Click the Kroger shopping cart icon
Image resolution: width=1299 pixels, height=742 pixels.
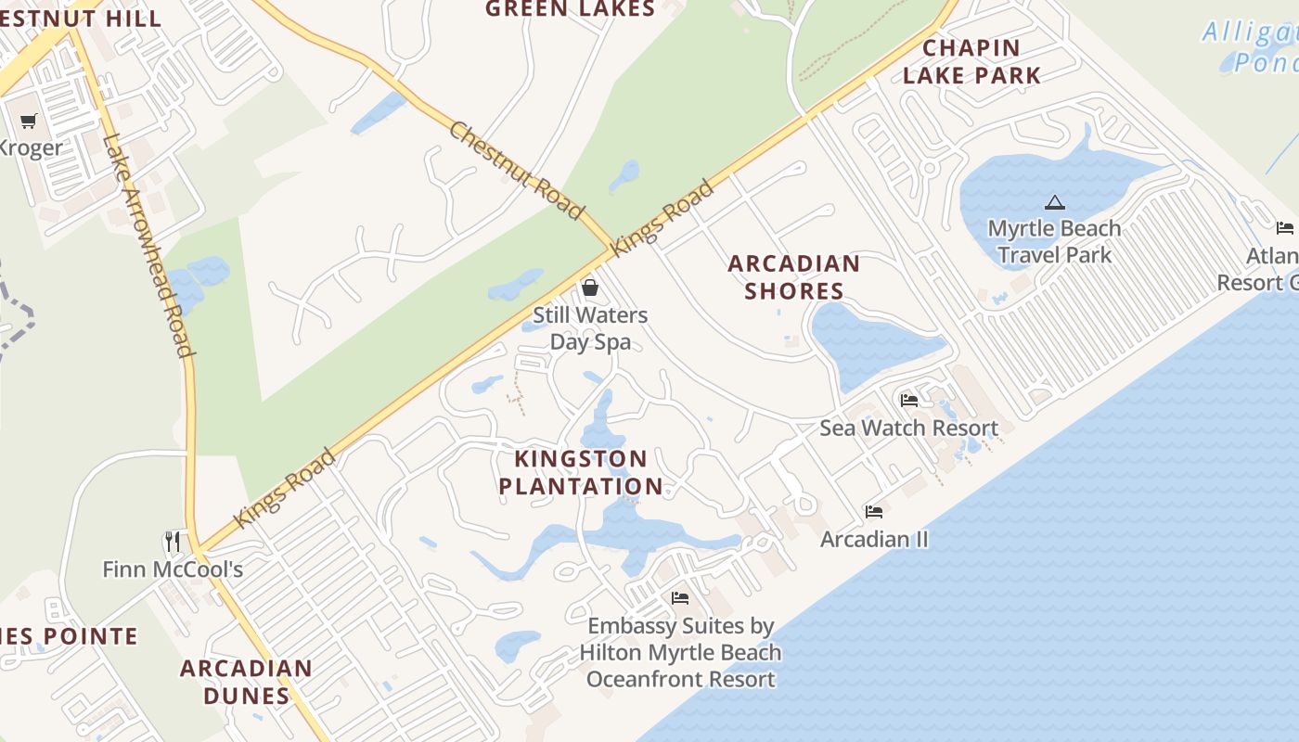click(x=29, y=121)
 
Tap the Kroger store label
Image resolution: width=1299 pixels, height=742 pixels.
click(x=31, y=147)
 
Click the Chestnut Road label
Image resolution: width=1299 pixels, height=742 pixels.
click(x=516, y=171)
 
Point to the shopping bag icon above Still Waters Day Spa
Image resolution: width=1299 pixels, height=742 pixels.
click(x=589, y=288)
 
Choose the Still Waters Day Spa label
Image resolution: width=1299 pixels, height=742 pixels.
click(x=590, y=328)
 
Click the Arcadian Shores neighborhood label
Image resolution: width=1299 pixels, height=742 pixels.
click(x=793, y=277)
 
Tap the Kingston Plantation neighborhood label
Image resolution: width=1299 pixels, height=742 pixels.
click(x=581, y=472)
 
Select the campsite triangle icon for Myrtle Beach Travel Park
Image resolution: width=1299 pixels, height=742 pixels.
click(x=1054, y=202)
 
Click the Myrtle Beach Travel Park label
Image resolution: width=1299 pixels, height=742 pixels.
click(x=1054, y=241)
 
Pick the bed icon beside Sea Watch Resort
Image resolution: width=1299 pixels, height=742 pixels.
click(x=909, y=400)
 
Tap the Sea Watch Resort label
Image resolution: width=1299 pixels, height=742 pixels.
click(x=908, y=428)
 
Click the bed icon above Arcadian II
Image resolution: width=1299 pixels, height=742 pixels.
click(x=874, y=511)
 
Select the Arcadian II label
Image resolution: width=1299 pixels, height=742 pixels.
click(x=874, y=539)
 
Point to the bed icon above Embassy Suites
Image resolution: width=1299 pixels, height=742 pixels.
click(x=680, y=598)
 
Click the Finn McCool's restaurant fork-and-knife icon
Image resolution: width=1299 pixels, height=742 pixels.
click(x=172, y=541)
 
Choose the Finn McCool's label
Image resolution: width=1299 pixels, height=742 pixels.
click(x=173, y=569)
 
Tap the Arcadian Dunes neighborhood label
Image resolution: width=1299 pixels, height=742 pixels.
click(x=246, y=682)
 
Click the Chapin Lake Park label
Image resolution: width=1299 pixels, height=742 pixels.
click(x=971, y=61)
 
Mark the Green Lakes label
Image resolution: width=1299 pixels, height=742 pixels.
click(x=570, y=9)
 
